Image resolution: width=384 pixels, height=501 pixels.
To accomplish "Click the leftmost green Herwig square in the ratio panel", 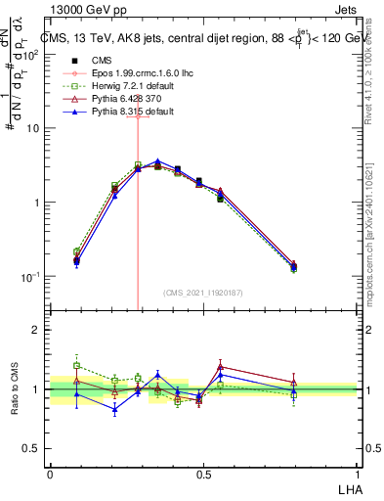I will [76, 365].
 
